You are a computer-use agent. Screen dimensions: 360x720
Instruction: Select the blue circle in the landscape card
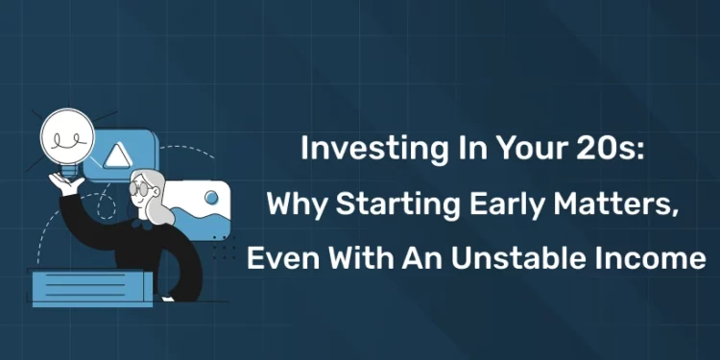[x=212, y=199]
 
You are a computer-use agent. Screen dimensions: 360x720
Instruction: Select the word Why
[x=291, y=204]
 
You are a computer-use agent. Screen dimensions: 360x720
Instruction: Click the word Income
[x=653, y=259]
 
